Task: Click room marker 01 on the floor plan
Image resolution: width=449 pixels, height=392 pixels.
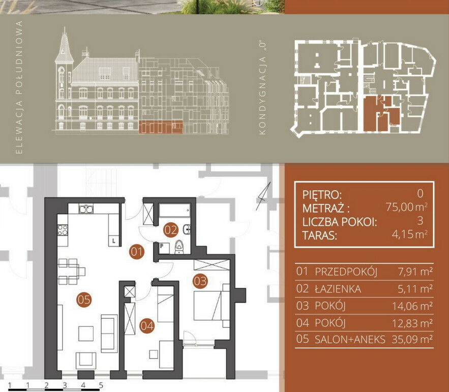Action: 136,252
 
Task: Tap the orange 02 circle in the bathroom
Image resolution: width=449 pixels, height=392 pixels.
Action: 171,230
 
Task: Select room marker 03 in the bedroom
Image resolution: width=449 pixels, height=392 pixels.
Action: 200,281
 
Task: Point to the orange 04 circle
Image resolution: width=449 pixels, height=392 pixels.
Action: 146,325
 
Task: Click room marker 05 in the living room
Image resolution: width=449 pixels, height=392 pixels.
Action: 84,300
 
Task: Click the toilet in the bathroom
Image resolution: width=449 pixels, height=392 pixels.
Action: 179,247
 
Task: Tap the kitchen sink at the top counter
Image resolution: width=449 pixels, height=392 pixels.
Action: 86,209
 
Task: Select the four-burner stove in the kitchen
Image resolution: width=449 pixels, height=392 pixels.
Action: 63,230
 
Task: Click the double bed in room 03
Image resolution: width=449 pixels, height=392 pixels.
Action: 212,306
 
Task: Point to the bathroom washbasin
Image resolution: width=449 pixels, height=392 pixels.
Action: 187,229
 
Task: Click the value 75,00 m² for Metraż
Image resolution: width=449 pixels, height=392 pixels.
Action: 407,207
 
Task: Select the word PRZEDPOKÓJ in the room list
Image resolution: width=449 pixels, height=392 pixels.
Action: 346,272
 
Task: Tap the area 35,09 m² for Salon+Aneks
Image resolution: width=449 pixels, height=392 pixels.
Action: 412,339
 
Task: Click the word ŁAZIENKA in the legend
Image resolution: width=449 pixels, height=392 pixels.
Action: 338,289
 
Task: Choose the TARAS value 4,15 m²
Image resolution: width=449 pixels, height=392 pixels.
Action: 410,234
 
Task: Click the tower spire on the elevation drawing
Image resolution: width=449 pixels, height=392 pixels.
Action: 65,43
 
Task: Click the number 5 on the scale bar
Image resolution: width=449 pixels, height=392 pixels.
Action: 101,385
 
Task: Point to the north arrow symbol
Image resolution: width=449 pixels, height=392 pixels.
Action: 263,196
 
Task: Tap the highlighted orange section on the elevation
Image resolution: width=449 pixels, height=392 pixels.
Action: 161,127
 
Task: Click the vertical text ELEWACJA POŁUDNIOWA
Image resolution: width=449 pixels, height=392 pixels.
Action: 19,87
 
